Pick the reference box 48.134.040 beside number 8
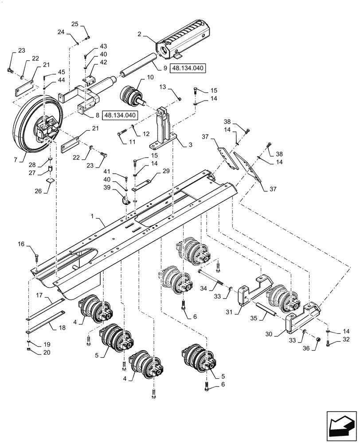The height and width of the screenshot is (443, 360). [x=120, y=115]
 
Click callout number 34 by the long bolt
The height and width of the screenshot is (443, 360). [x=203, y=288]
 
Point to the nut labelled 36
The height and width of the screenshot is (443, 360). [x=317, y=340]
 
